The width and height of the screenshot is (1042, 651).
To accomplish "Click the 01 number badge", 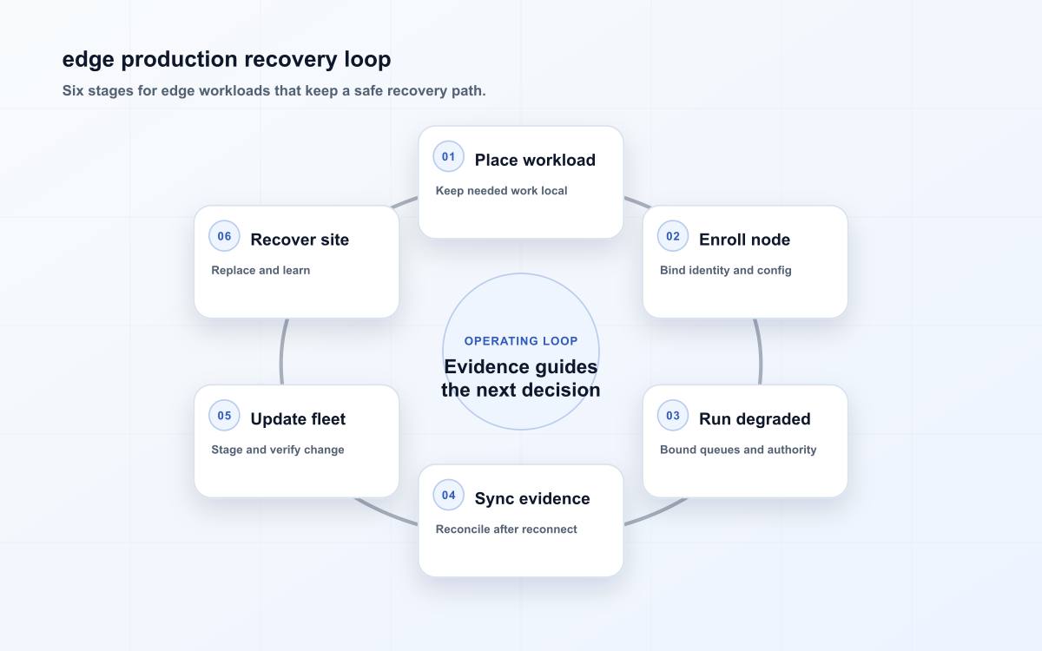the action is pos(448,157).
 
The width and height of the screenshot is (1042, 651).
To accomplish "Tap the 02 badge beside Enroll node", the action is pos(673,236).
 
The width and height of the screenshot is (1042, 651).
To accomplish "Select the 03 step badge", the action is pos(673,416).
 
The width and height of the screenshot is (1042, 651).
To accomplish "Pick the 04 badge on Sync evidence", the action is pos(448,496).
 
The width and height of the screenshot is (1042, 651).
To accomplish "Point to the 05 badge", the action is pos(224,416).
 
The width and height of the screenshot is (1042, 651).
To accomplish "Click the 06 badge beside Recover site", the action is pos(224,236).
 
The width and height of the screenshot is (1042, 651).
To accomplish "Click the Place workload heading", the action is pos(535,160).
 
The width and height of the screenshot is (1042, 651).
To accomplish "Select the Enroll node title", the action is pos(744,240).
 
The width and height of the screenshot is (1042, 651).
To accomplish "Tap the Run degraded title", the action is pos(755,419).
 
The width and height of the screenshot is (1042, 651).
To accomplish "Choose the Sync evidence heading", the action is pos(532,498).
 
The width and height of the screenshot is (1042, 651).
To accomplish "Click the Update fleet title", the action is pos(298,419).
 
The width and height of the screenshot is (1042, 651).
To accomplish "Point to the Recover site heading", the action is pos(300,240).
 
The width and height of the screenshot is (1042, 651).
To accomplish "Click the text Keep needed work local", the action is pos(501,191).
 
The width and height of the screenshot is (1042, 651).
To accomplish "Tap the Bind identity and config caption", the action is pos(725,270).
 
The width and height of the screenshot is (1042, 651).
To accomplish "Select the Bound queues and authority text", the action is pos(738,450).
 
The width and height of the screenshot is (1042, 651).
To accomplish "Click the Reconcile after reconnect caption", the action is pos(506,529).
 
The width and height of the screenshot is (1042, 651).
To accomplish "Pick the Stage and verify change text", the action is pos(278,450).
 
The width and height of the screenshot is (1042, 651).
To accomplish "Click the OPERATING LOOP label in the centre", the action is pos(521,341).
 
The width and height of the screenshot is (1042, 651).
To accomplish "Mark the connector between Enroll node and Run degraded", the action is pos(761,352).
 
